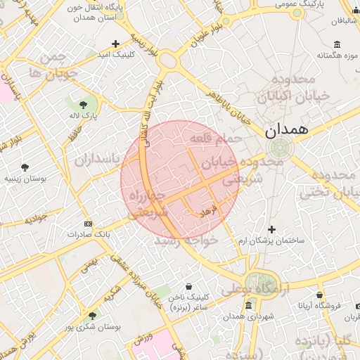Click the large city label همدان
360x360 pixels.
click(288, 130)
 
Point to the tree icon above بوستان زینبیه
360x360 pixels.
click(25, 167)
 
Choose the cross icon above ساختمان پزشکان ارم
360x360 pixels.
click(272, 229)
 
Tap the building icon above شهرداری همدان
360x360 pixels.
click(248, 306)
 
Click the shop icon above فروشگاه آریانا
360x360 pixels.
click(320, 295)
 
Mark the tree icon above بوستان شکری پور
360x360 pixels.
click(92, 316)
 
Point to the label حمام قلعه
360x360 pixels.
click(218, 139)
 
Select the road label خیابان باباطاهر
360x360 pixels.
click(225, 106)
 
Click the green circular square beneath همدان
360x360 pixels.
click(280, 148)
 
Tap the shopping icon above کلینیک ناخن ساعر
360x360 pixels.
click(189, 286)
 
